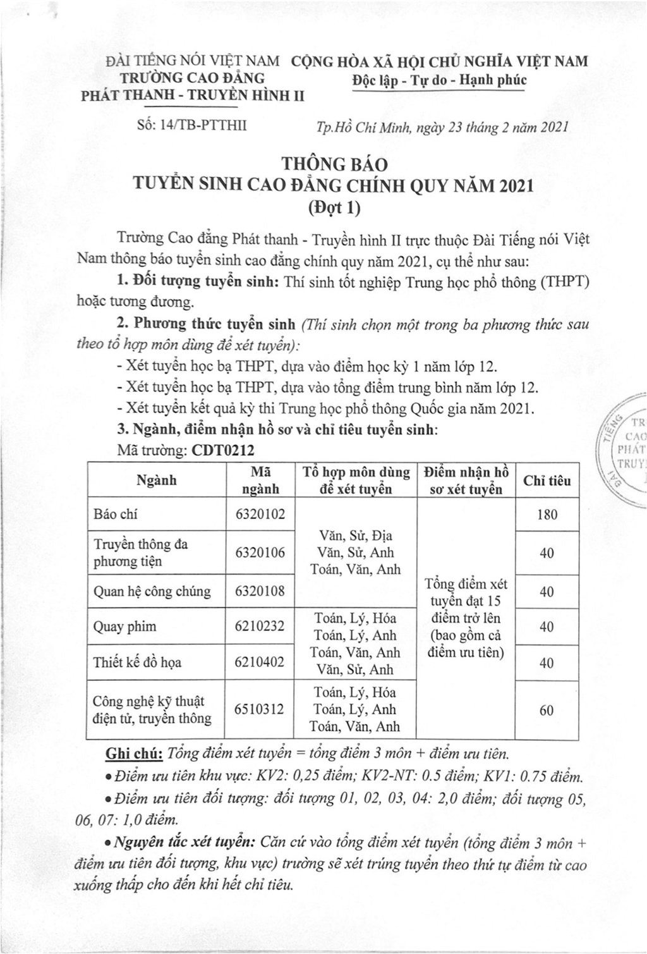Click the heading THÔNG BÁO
[334, 164]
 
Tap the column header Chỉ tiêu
[547, 480]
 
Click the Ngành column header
[156, 480]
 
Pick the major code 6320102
[260, 514]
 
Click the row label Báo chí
[115, 514]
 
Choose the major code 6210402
[260, 662]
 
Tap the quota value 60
[547, 710]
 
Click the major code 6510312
[260, 709]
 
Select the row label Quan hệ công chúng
[152, 591]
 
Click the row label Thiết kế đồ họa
[137, 662]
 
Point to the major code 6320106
[260, 553]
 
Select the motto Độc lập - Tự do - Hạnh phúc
[438, 80]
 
